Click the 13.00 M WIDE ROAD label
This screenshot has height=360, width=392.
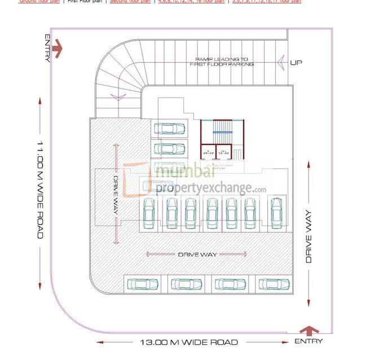point(189,342)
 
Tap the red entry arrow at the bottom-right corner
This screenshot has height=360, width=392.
point(309,330)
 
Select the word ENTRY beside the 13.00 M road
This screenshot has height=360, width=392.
point(309,341)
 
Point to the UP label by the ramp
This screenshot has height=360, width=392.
point(296,62)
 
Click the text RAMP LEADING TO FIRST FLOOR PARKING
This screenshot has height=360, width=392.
point(222,62)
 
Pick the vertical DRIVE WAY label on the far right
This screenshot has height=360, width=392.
point(309,237)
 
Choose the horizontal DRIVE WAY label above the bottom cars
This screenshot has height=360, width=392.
point(197,254)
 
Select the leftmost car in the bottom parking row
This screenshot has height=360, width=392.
point(143,284)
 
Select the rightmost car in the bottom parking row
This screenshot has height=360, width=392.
point(274,284)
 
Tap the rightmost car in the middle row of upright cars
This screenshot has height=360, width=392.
point(276,213)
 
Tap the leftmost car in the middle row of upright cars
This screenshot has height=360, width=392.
point(149,213)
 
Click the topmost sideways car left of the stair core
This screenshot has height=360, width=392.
point(169,129)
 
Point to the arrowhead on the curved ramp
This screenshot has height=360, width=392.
point(118,97)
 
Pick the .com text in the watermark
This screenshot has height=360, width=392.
point(259,190)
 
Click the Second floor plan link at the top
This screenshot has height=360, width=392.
point(130,2)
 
